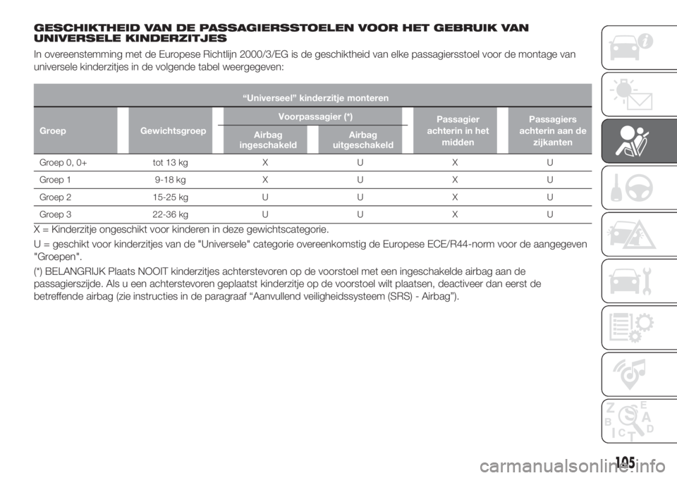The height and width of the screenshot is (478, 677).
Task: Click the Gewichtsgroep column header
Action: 173,131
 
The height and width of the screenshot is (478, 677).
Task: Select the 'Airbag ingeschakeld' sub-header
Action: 268,140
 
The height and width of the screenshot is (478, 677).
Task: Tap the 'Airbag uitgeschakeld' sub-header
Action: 363,140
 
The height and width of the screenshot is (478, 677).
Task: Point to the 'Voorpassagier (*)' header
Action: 316,116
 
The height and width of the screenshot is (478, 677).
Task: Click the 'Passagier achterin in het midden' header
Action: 458,131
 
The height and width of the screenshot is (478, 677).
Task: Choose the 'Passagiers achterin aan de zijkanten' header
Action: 553,131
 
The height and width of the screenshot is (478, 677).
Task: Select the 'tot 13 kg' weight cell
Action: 170,163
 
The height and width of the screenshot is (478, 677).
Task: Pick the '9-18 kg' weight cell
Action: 170,180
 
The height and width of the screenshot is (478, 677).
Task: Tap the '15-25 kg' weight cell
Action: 170,197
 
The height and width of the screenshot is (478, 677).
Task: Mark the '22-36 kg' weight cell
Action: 170,214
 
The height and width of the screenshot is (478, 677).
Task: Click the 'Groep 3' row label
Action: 55,214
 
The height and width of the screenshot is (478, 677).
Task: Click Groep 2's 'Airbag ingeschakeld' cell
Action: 265,197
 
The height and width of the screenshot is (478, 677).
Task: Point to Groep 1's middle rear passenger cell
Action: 455,180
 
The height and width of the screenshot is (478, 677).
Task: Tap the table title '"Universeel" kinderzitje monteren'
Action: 316,98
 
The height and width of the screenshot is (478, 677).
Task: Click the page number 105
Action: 626,463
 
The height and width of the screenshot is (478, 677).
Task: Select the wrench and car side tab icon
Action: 630,281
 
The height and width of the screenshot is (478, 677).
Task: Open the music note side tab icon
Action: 630,374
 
